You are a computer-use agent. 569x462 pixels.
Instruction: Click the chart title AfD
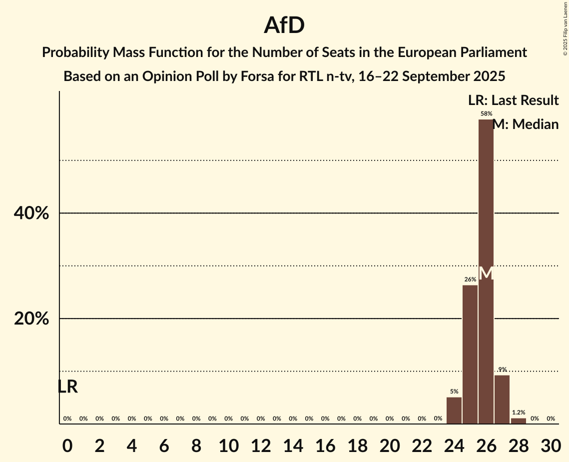(x=284, y=25)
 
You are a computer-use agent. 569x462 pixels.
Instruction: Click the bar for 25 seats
(x=470, y=354)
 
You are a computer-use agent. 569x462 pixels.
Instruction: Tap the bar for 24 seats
(x=454, y=410)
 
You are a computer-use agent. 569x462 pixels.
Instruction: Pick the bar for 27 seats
(x=502, y=399)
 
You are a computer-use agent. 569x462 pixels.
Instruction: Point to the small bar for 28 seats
(x=519, y=421)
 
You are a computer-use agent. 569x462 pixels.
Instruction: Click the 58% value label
(x=486, y=114)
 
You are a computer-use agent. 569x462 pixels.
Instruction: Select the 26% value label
(x=470, y=279)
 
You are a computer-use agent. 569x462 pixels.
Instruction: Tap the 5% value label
(x=454, y=391)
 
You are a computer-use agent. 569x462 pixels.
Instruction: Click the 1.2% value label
(x=519, y=412)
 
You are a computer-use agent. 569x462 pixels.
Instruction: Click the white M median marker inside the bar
(x=486, y=273)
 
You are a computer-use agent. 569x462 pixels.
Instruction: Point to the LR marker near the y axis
(x=68, y=386)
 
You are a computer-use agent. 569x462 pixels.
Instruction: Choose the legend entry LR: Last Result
(x=513, y=100)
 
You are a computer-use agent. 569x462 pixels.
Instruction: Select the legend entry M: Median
(x=526, y=124)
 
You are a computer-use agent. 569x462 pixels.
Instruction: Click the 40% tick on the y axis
(x=31, y=213)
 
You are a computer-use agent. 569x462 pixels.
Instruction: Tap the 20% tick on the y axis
(x=31, y=319)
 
